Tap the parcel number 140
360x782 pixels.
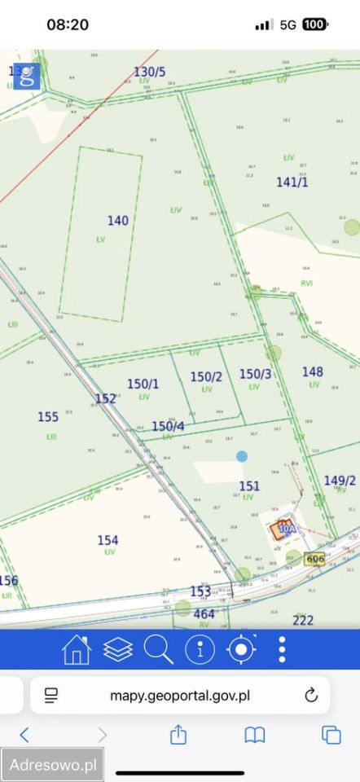(x=118, y=221)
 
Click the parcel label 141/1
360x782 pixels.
(x=292, y=182)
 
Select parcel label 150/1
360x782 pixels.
(x=143, y=384)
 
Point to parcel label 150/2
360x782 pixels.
(x=206, y=376)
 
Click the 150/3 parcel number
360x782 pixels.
(x=255, y=374)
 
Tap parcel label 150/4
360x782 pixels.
(x=168, y=426)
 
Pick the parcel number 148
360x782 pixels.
(x=313, y=371)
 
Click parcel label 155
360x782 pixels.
(x=48, y=417)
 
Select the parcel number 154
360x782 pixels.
(x=108, y=540)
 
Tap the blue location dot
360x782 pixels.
(x=242, y=456)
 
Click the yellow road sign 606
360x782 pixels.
(x=315, y=559)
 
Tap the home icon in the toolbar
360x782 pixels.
(x=77, y=649)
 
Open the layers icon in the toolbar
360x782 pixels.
(x=118, y=649)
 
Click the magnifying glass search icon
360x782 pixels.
(x=159, y=649)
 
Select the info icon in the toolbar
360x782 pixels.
(x=200, y=649)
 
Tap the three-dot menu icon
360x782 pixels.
(x=282, y=649)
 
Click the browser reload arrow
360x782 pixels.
(x=310, y=695)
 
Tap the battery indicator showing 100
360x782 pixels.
(x=315, y=25)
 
